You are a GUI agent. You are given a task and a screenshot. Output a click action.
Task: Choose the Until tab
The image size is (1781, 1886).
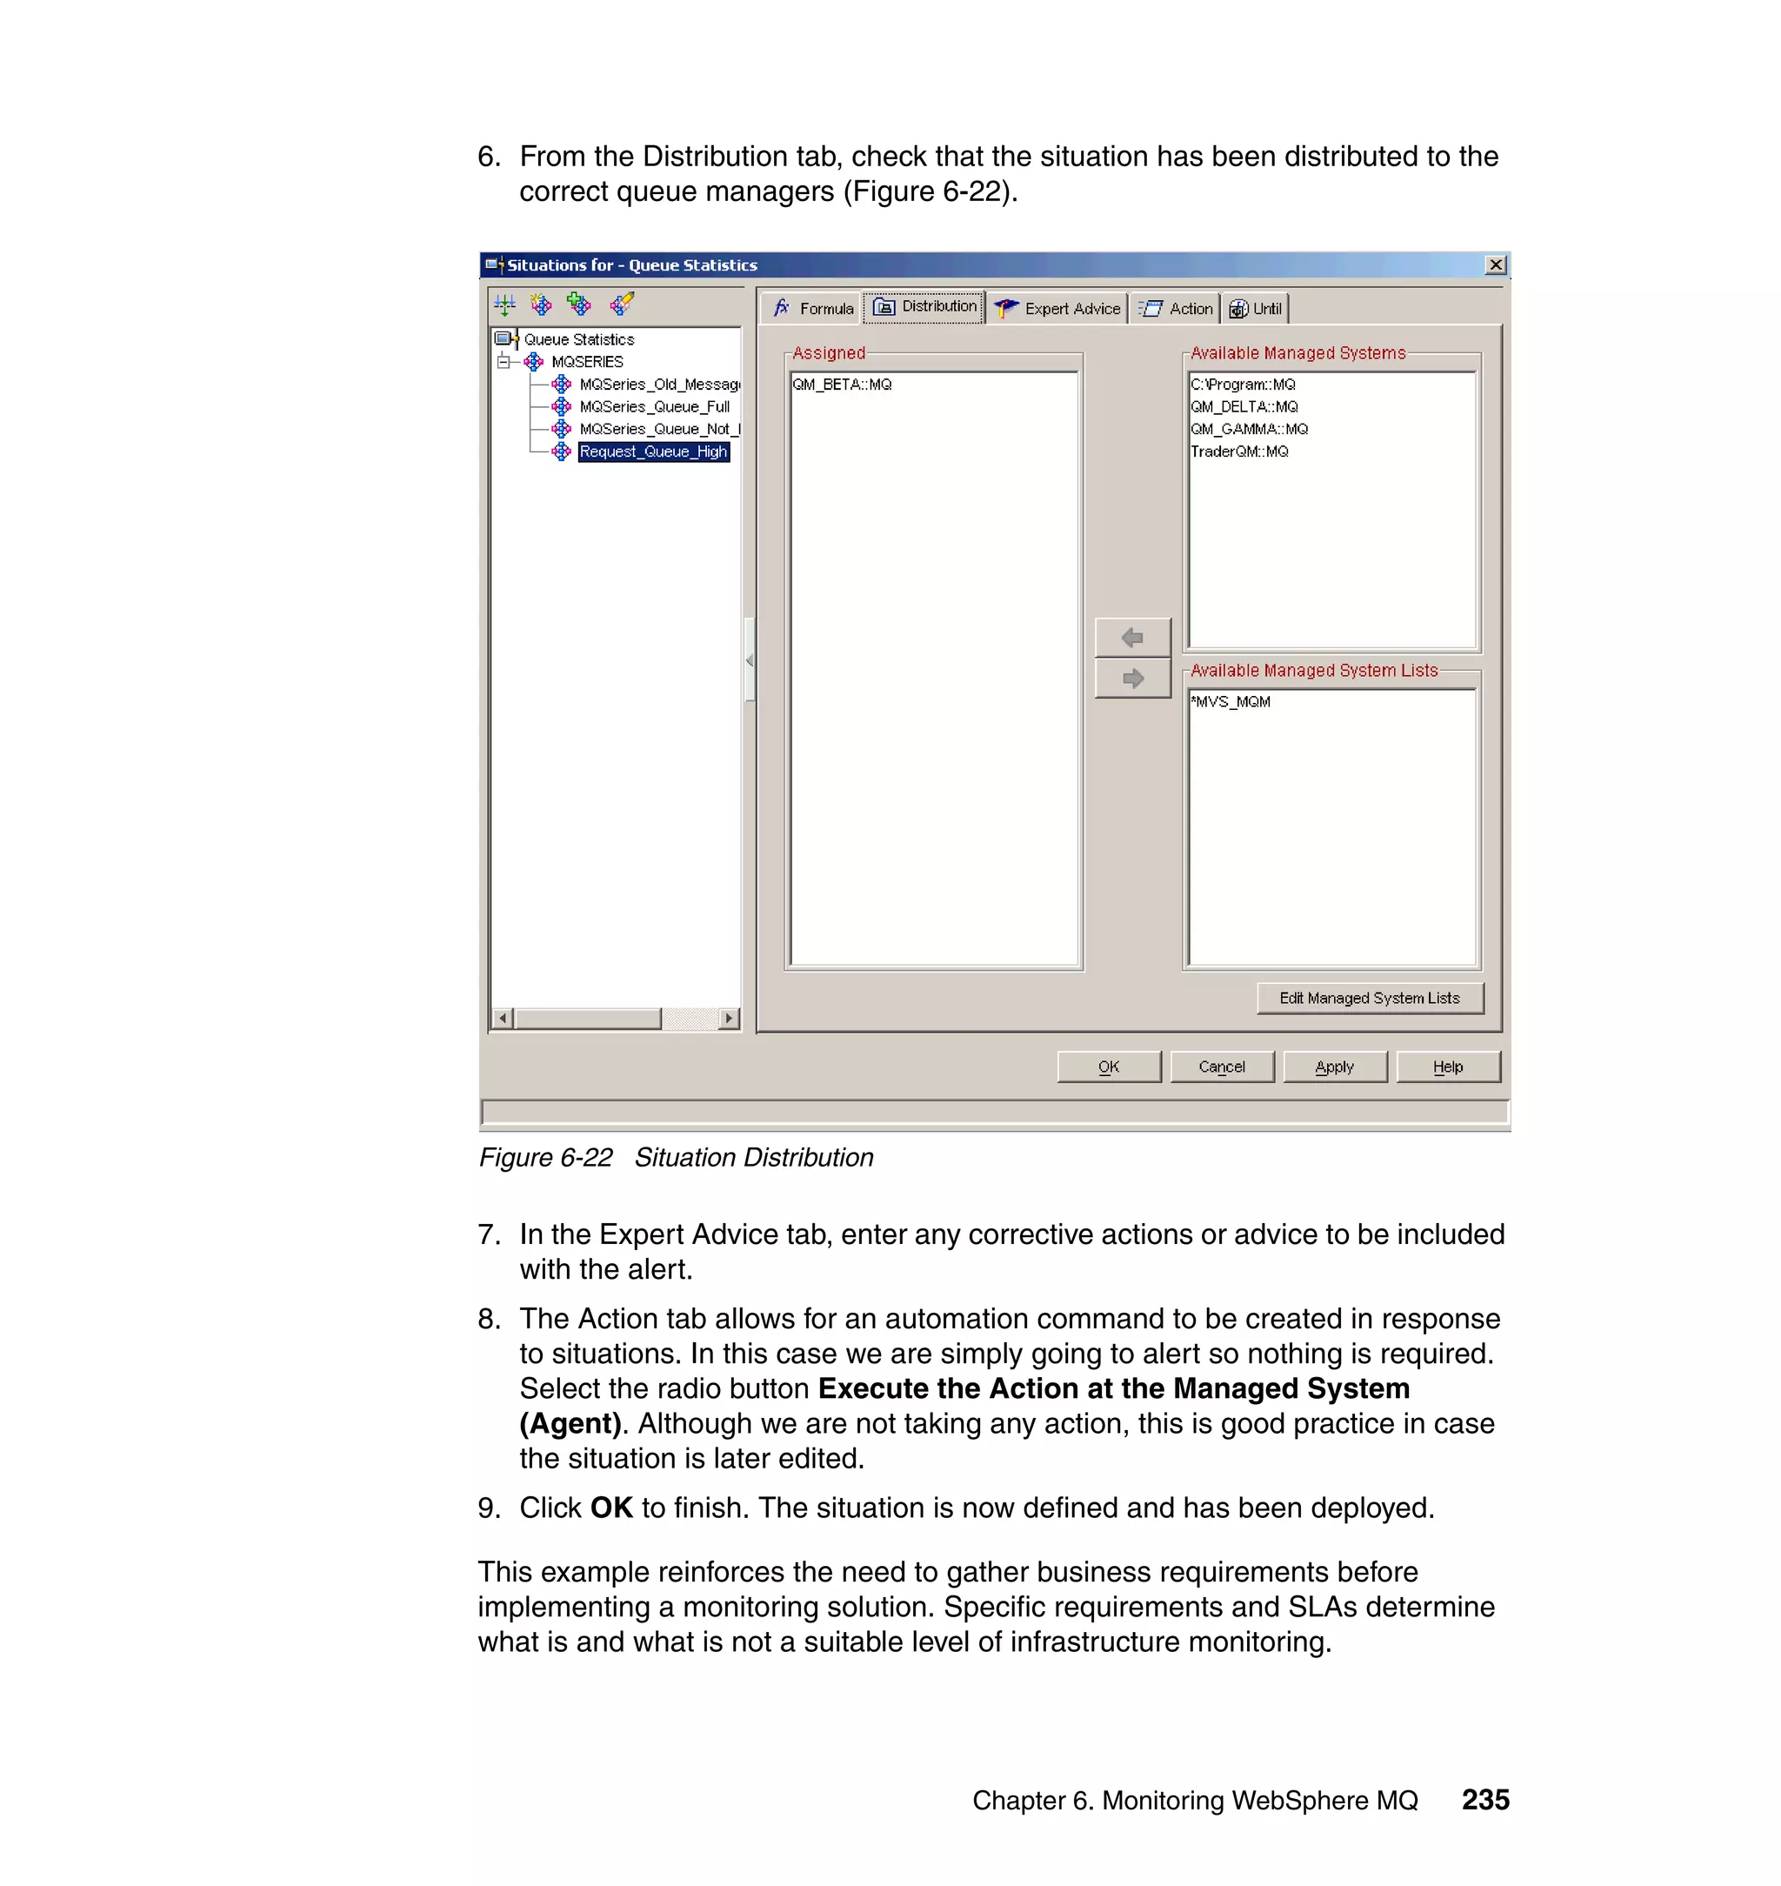[x=1255, y=309]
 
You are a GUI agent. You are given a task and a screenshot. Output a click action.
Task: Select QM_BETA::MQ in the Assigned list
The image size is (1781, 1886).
[x=842, y=385]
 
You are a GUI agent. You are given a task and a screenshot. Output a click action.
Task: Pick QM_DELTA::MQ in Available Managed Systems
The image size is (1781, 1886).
[x=1244, y=406]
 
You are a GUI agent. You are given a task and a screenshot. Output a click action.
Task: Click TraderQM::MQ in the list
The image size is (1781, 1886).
[x=1239, y=451]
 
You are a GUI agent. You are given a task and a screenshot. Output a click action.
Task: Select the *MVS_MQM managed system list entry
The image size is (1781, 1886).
[x=1231, y=702]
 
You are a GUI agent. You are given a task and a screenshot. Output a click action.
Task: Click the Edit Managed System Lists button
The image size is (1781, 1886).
[x=1369, y=998]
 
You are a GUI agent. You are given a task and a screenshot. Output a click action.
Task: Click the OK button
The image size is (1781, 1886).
[x=1108, y=1067]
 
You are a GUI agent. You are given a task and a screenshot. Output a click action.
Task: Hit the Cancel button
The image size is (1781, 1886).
[x=1221, y=1067]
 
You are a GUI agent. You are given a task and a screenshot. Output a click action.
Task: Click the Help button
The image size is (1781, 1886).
[x=1447, y=1067]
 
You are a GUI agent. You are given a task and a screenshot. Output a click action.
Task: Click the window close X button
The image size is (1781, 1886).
[x=1495, y=265]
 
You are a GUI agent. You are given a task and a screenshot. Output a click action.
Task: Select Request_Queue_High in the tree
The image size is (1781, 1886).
[x=653, y=452]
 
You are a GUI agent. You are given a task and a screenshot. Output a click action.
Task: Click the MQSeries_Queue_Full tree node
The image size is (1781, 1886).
[x=654, y=406]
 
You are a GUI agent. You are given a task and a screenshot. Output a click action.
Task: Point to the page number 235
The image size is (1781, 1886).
[x=1484, y=1800]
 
